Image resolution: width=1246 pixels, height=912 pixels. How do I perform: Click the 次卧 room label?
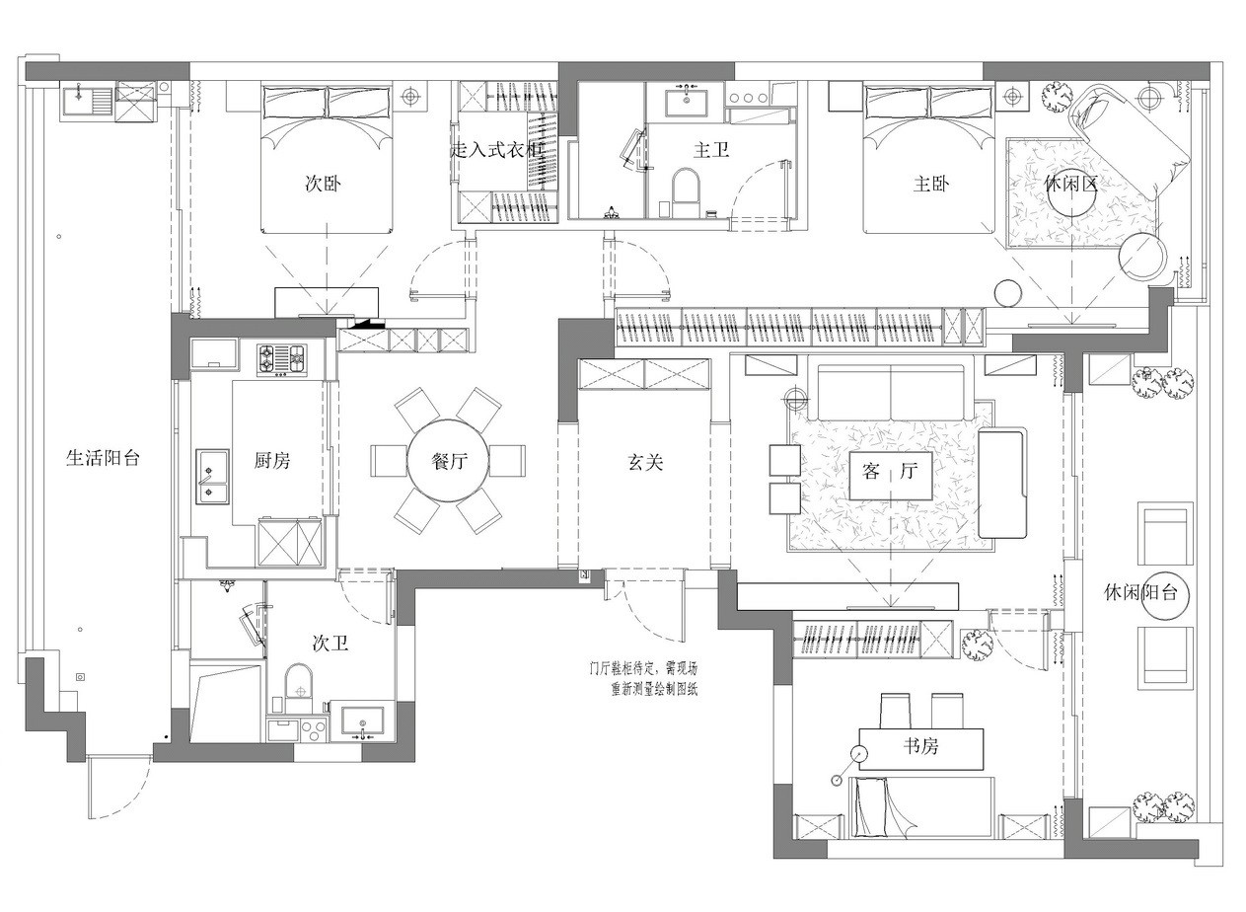[x=323, y=183]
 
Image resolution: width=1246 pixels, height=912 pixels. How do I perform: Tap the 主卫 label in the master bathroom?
[x=711, y=150]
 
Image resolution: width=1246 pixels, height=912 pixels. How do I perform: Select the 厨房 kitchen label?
[x=272, y=460]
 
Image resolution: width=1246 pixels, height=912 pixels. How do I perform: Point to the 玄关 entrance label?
[x=645, y=462]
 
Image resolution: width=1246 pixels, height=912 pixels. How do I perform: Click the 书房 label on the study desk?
[x=920, y=745]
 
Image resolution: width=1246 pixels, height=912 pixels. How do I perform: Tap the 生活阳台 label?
[x=103, y=458]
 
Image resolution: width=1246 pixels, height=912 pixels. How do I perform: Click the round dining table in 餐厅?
[x=448, y=460]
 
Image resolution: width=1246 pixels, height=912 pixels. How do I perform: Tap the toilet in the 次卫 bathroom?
[x=299, y=688]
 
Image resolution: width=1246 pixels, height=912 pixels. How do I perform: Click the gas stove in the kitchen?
[x=281, y=359]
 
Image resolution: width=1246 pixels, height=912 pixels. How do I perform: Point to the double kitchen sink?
[x=212, y=477]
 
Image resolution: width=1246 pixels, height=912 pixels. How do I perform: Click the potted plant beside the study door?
[x=978, y=646]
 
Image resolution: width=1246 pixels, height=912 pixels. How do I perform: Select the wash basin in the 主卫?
[x=687, y=100]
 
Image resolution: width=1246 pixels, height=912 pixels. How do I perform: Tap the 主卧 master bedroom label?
[x=931, y=183]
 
